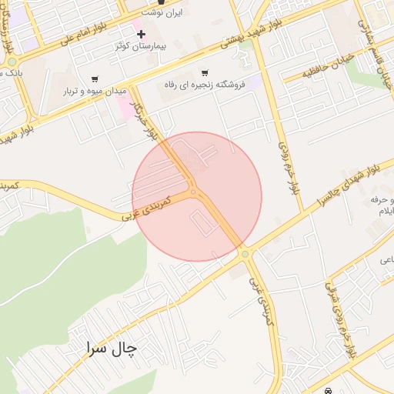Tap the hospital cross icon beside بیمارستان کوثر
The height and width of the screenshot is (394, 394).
141,34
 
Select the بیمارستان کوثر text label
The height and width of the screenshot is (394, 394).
143,46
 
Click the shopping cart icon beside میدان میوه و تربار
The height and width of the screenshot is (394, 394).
95,78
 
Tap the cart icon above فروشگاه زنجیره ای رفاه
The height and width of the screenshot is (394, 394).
204,73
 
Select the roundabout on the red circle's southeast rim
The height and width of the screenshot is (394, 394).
245,253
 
